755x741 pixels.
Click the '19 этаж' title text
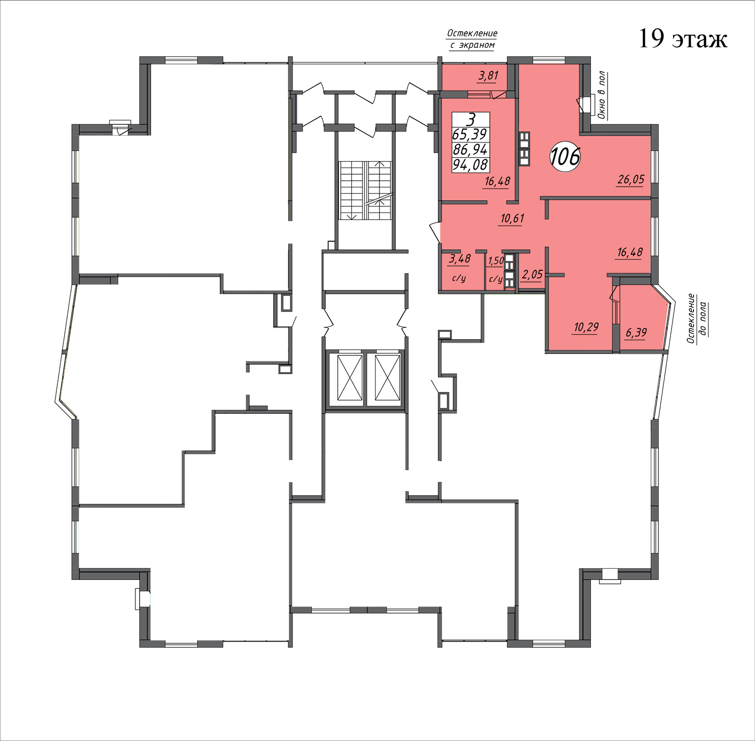tap(683, 39)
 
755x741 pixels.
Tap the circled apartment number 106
tap(565, 157)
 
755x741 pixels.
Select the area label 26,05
tap(631, 179)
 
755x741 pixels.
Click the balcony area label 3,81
tap(488, 76)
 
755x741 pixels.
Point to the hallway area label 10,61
tap(512, 218)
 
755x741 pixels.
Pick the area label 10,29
tap(586, 327)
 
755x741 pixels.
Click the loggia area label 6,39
tap(636, 332)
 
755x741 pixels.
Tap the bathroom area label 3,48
tap(460, 259)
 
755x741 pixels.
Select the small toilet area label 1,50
tap(496, 260)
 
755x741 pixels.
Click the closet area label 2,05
tap(532, 274)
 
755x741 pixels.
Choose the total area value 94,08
tap(470, 165)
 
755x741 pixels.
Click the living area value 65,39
tap(470, 134)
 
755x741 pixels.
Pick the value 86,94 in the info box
tap(470, 150)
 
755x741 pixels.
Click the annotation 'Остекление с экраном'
tap(472, 39)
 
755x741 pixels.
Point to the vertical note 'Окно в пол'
tap(601, 95)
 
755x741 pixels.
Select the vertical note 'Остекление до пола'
tap(697, 318)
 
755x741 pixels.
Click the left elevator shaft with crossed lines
tap(350, 378)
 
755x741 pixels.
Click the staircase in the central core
tap(365, 190)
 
